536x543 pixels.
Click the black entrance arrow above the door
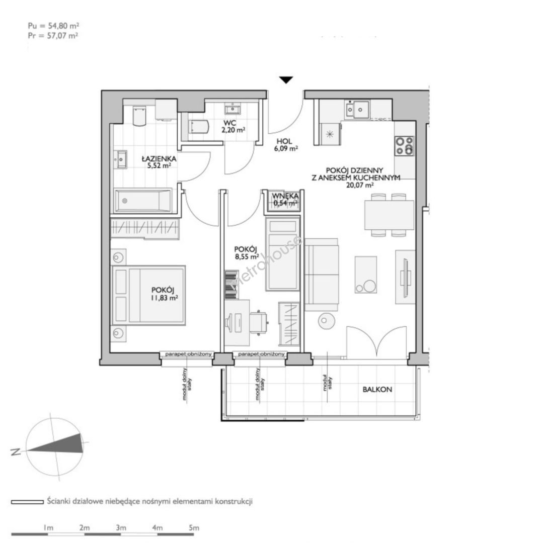coord(286,80)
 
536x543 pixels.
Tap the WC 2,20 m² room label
coord(234,126)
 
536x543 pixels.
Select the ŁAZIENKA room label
coord(159,158)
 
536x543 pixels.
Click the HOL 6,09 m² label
coord(286,145)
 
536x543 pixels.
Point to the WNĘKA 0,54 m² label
coord(285,200)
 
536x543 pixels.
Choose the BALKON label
coord(377,389)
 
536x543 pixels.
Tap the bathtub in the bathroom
coord(143,201)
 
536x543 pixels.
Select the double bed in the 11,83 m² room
coord(148,295)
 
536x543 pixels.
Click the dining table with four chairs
coord(389,215)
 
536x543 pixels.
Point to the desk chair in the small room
coord(258,322)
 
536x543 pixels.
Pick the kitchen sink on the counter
coord(357,110)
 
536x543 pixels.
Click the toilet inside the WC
coord(198,126)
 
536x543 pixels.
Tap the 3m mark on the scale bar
coord(121,528)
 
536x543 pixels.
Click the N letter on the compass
coord(15,451)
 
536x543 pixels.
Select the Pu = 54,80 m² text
coord(53,25)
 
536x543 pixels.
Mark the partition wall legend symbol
coord(27,501)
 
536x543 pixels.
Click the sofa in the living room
coord(322,275)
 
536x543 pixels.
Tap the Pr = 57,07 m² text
coord(53,35)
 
